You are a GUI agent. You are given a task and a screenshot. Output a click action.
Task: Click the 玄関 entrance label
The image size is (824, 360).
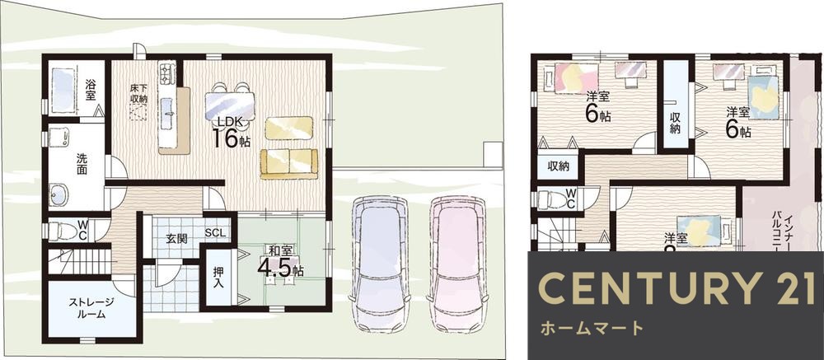(176, 239)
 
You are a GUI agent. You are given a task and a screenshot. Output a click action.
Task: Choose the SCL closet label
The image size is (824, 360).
(215, 233)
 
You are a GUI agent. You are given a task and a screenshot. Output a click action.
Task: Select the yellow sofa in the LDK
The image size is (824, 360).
(289, 163)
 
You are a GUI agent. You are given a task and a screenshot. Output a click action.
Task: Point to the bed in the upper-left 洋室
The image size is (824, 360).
(566, 77)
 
